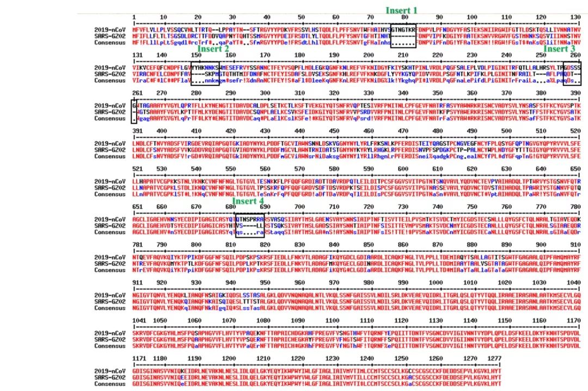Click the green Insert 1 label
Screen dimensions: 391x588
click(x=402, y=10)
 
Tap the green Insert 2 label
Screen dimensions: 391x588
click(x=213, y=48)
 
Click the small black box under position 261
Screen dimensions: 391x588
click(x=134, y=111)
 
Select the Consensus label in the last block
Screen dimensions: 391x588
click(x=110, y=383)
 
